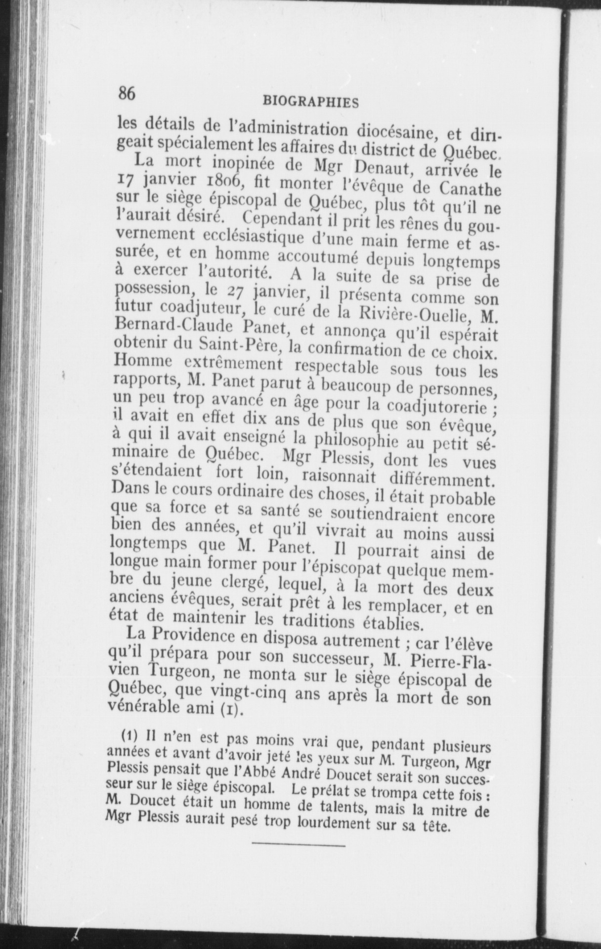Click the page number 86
point(127,92)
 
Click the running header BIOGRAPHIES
point(310,102)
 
